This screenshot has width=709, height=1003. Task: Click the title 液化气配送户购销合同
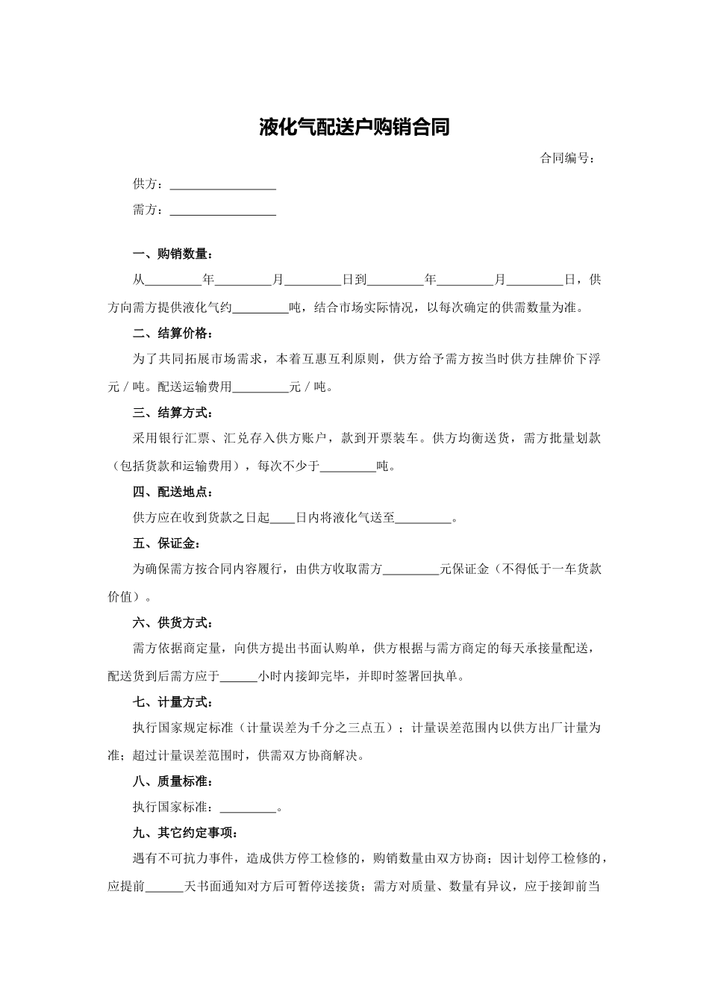[354, 128]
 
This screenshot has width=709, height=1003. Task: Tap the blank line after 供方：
[223, 184]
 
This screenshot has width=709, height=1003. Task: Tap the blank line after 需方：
[223, 210]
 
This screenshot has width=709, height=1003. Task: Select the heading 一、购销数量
[172, 254]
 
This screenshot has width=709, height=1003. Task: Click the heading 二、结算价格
[172, 333]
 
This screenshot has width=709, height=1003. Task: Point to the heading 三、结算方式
[172, 413]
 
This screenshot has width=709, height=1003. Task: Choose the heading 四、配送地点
[172, 492]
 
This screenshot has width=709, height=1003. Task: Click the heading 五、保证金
[166, 543]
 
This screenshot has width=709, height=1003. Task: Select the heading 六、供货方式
[172, 622]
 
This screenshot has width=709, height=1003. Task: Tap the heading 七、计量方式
[172, 702]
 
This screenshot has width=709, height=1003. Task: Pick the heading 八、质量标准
[172, 781]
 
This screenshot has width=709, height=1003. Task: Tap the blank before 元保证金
[410, 569]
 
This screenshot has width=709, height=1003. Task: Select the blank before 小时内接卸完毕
[239, 677]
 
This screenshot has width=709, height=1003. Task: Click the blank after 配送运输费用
[260, 387]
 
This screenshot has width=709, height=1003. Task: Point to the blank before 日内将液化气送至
[282, 518]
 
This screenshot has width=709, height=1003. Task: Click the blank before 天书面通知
[163, 887]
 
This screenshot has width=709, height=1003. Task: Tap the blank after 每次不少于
[348, 467]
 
